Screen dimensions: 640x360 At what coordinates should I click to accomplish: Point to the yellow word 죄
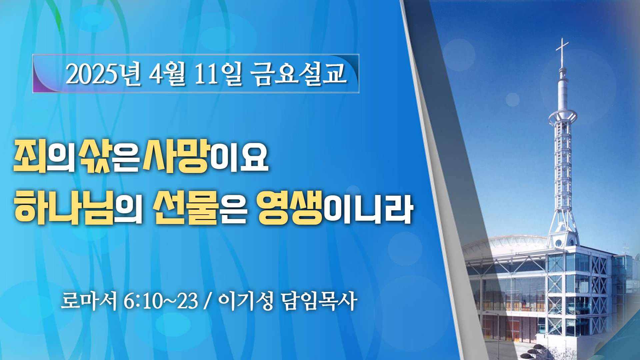(29, 156)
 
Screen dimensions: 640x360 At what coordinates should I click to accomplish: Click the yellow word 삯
(94, 156)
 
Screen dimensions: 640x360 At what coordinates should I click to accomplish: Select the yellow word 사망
(176, 156)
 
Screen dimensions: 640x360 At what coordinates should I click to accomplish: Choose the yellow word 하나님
(64, 207)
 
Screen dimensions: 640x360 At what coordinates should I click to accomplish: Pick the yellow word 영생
(290, 207)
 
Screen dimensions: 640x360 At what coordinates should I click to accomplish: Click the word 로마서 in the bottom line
(89, 301)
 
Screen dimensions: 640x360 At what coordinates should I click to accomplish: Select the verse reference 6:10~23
(161, 301)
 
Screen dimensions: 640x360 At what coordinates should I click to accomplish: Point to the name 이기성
(246, 301)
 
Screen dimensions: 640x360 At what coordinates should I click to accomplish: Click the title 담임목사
(319, 301)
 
